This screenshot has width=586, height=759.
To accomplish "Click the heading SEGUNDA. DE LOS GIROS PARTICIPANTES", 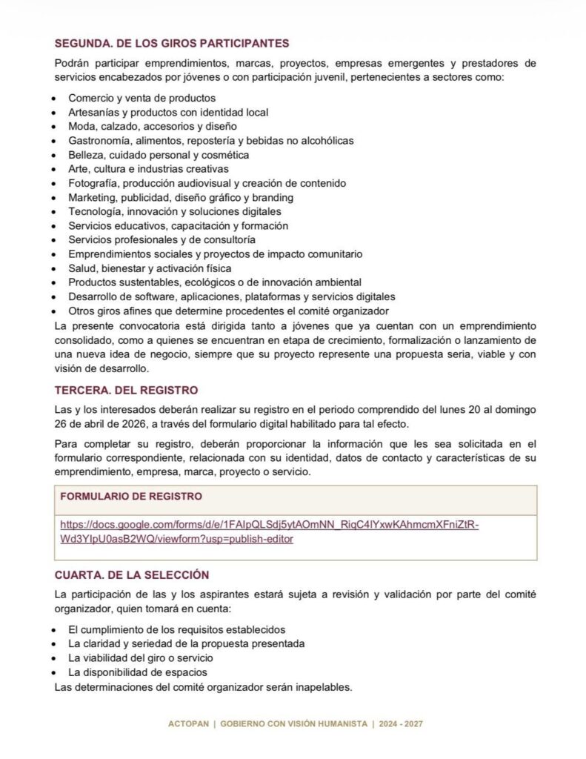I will click(x=172, y=44).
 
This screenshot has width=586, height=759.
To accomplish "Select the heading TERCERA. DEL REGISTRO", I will click(x=126, y=391).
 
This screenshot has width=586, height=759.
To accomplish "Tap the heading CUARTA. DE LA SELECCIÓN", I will click(x=132, y=574).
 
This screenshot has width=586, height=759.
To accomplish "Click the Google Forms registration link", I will click(x=270, y=531).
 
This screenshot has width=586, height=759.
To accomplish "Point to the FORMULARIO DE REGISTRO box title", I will click(x=130, y=496).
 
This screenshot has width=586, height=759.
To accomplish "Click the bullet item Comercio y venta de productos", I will click(x=141, y=98).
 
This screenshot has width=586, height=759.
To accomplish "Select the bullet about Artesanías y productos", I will click(x=168, y=112).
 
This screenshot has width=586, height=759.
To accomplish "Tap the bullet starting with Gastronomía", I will click(x=211, y=141).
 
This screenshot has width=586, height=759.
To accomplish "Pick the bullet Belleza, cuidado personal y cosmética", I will click(x=159, y=155).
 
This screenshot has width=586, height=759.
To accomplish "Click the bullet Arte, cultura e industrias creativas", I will click(x=148, y=169).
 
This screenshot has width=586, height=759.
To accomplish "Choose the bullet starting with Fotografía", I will click(x=207, y=183).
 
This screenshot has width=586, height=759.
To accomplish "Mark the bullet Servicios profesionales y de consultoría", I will click(x=162, y=240).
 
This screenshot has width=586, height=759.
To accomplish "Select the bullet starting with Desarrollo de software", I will click(x=232, y=296).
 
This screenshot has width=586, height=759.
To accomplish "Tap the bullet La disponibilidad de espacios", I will click(x=138, y=672).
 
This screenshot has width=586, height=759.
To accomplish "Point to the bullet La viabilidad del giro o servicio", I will click(x=141, y=658).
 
